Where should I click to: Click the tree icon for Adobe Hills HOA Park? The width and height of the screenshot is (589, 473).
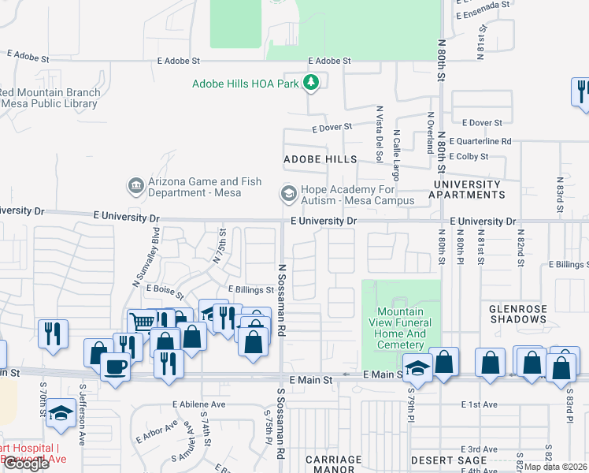click(313, 82)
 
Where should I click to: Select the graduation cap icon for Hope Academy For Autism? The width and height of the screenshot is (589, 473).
click(288, 194)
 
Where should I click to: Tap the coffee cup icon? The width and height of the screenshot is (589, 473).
click(116, 366)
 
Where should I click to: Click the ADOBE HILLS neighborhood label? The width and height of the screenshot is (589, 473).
click(315, 158)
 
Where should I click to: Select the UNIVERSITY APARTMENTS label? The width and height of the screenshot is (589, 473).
click(466, 189)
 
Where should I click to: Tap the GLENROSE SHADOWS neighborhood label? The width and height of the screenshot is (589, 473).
click(518, 315)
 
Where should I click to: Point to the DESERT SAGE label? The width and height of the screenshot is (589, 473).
click(439, 460)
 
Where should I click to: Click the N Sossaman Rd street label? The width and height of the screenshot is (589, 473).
click(280, 299)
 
